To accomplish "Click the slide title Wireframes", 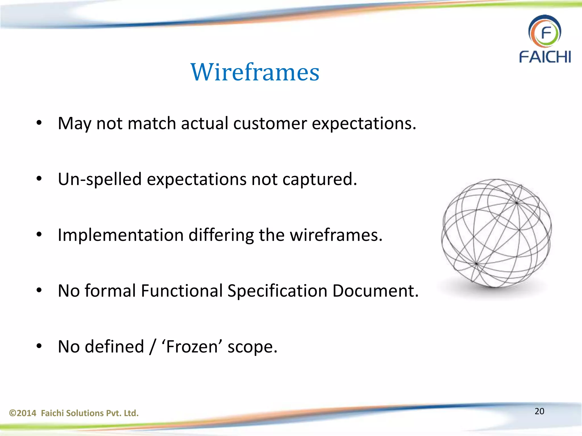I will (255, 72).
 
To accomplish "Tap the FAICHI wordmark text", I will (545, 57).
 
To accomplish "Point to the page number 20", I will (539, 411).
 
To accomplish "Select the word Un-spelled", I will (99, 179).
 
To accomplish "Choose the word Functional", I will (182, 291).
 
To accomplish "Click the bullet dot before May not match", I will (39, 123).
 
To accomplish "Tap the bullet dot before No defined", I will (39, 346).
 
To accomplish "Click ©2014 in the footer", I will (23, 413).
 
